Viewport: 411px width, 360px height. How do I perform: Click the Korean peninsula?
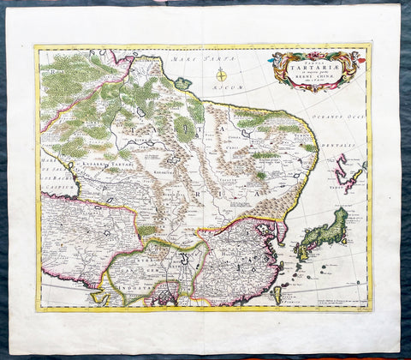[281, 231]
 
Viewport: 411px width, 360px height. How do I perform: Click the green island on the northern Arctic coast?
[182, 83]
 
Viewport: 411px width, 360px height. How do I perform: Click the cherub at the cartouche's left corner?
[276, 60]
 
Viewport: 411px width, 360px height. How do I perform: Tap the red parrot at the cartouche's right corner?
[360, 62]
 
